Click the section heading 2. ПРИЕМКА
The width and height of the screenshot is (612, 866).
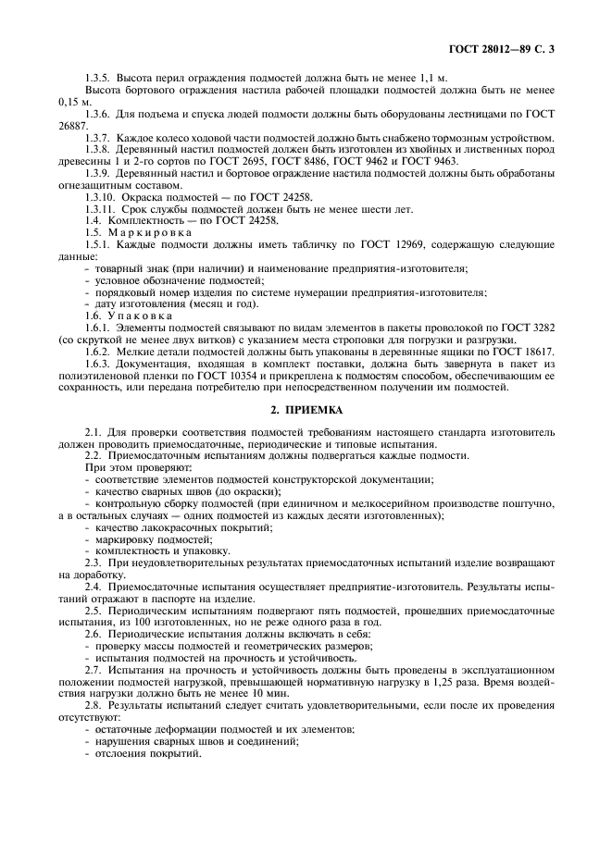pyautogui.click(x=306, y=408)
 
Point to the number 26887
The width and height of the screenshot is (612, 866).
pyautogui.click(x=73, y=124)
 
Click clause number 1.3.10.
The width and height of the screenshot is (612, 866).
pyautogui.click(x=98, y=197)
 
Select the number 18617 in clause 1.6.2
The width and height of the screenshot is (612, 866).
pyautogui.click(x=535, y=353)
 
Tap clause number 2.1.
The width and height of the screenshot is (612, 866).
pyautogui.click(x=92, y=432)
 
